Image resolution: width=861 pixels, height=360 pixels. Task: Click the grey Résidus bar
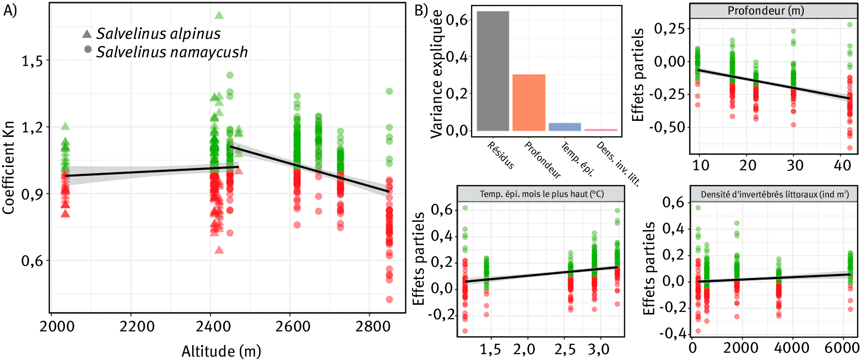tap(493, 71)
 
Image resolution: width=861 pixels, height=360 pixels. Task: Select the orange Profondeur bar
tap(529, 102)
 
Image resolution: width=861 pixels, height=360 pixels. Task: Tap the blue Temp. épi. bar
tap(564, 127)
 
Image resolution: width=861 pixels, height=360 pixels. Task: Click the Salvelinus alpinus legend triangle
tap(87, 33)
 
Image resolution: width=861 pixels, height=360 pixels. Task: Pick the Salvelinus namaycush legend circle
tap(87, 49)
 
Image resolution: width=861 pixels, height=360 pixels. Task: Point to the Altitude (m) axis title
tap(221, 351)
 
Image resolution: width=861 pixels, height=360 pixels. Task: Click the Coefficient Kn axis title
tap(8, 167)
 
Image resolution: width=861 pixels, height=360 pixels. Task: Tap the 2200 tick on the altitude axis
tap(137, 327)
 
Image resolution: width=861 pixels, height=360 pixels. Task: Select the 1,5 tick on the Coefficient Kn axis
tap(32, 61)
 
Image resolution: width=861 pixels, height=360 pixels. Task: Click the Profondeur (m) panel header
tap(765, 11)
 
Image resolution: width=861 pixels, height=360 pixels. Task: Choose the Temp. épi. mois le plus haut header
tap(541, 194)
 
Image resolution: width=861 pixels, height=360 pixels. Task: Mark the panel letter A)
tap(10, 10)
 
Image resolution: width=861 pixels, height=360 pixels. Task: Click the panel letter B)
tap(421, 10)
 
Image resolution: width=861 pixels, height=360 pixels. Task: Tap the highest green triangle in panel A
tap(219, 15)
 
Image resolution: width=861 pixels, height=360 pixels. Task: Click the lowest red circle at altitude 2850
tap(389, 299)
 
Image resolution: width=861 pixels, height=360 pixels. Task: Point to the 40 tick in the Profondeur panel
tap(842, 165)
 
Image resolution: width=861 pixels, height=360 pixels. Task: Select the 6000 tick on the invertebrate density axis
tap(841, 348)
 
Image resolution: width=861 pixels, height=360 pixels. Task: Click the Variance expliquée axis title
tap(436, 74)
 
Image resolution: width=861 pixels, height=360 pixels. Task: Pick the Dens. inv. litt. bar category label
tap(618, 164)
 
